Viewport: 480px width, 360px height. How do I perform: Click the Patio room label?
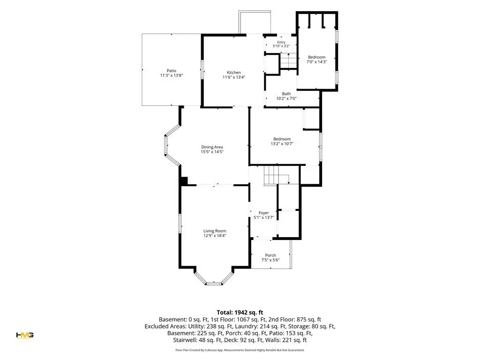click(x=172, y=71)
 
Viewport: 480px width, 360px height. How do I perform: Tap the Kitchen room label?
click(x=234, y=73)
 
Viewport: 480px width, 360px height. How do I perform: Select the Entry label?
click(x=281, y=42)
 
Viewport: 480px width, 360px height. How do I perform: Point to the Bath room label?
click(x=286, y=94)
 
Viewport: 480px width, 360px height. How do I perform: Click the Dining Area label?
click(x=212, y=147)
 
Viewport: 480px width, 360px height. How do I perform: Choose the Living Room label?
click(x=215, y=231)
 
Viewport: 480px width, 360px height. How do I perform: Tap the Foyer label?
click(x=263, y=213)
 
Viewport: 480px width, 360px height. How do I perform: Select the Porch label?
click(x=270, y=255)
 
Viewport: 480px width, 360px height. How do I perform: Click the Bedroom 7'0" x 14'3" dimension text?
click(x=317, y=62)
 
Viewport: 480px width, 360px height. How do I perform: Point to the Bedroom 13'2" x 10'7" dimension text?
click(x=282, y=143)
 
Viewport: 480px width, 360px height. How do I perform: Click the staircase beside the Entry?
click(x=288, y=60)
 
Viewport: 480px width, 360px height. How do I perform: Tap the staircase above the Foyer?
click(x=277, y=175)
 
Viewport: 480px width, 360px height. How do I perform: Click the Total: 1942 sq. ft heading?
click(x=240, y=313)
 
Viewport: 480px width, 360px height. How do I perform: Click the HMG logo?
click(x=25, y=335)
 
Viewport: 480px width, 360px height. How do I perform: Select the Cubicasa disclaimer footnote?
click(x=240, y=350)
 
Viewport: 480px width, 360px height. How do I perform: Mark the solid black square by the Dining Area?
click(x=183, y=181)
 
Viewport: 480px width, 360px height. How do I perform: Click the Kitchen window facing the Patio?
click(x=202, y=69)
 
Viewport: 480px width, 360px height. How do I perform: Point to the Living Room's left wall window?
click(x=180, y=224)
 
